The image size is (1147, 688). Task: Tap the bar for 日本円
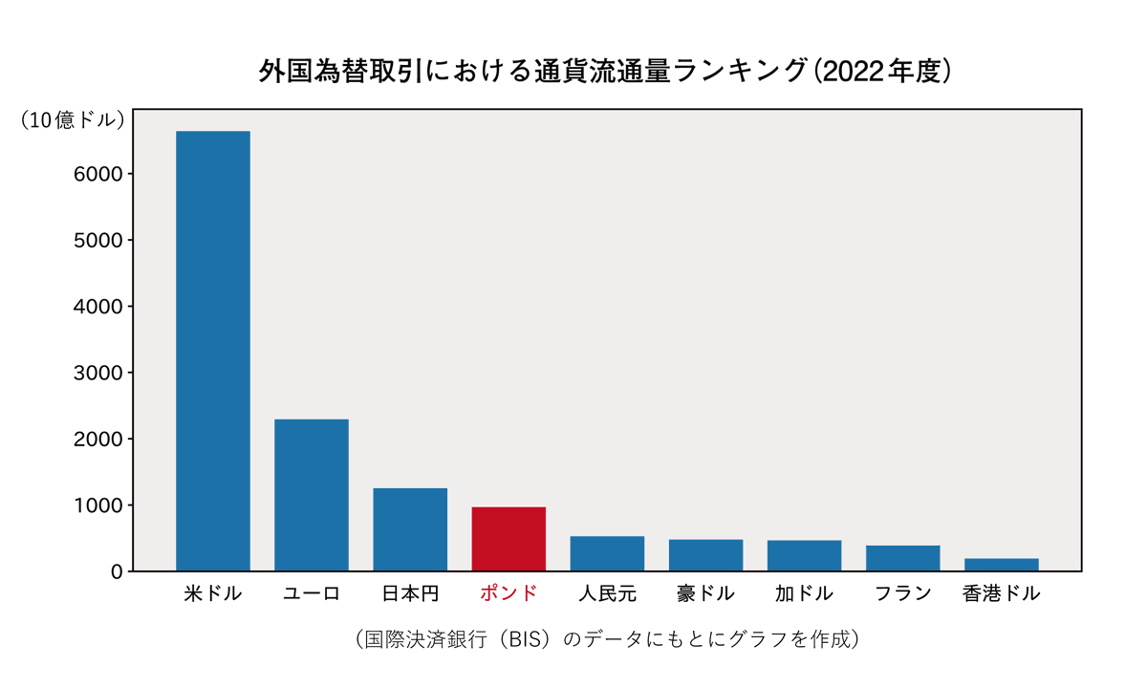click(410, 529)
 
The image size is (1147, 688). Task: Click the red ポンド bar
click(509, 539)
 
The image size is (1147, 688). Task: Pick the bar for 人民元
click(607, 554)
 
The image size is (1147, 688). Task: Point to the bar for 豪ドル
click(705, 556)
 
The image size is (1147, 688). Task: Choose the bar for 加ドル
click(804, 556)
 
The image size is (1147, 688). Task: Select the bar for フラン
click(902, 559)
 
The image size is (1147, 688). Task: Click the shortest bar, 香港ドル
click(1001, 565)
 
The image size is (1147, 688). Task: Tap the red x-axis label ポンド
click(509, 593)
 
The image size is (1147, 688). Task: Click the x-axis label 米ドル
click(213, 593)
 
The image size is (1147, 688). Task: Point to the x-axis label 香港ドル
click(1001, 593)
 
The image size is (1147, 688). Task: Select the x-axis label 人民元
click(607, 593)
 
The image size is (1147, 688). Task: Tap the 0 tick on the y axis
click(116, 571)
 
